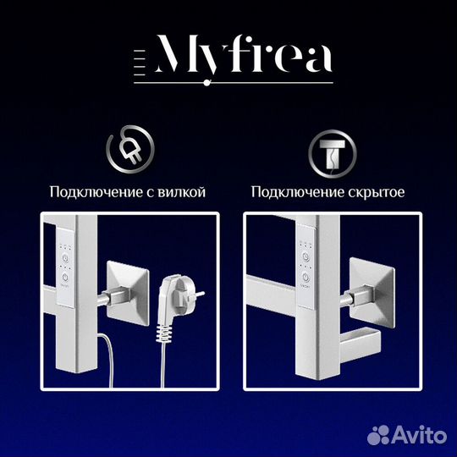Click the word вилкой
point(184,193)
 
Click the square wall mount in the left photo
point(125,288)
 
